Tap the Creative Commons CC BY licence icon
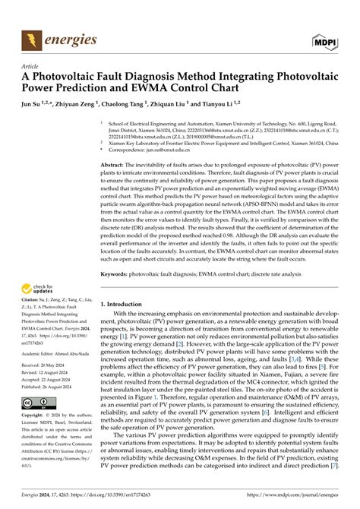pyautogui.click(x=36, y=403)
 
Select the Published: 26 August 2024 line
pyautogui.click(x=51, y=387)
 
